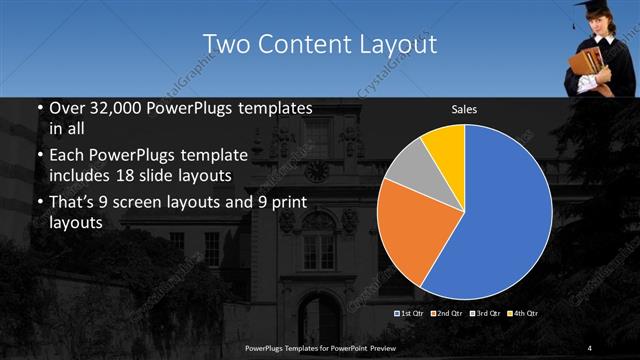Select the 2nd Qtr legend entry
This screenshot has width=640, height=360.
tap(447, 314)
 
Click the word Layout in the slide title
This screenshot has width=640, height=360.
tap(394, 45)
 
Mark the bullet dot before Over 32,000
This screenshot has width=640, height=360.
tap(39, 107)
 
